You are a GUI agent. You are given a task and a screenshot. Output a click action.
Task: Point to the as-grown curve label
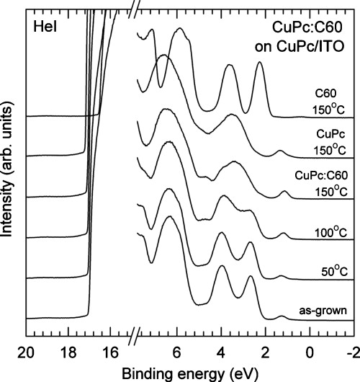tap(322, 310)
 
